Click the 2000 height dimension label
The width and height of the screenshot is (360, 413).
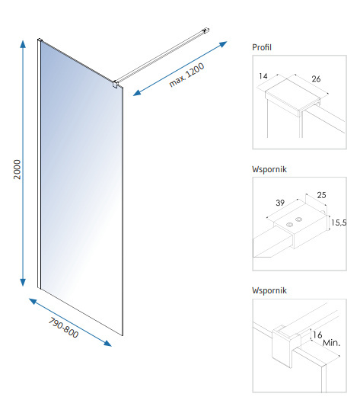(17, 169)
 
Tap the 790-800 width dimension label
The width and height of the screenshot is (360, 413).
(63, 328)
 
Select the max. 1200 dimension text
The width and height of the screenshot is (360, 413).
(186, 75)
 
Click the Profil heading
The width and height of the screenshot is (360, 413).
(262, 47)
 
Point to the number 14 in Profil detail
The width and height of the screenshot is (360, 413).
(263, 76)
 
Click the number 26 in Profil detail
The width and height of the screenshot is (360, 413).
(316, 78)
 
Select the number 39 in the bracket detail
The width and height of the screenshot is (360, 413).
(280, 203)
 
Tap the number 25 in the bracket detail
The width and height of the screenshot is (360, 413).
(321, 195)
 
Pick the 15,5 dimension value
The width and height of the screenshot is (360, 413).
(339, 223)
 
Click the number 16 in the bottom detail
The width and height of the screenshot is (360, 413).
(317, 335)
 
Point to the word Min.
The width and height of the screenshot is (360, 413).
(332, 343)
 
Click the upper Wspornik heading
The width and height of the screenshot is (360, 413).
(269, 169)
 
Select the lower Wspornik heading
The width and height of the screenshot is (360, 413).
(269, 290)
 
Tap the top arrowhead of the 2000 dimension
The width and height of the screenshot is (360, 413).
(23, 43)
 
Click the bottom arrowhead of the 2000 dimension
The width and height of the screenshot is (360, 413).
(23, 283)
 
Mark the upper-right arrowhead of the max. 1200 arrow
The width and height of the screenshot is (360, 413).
(224, 44)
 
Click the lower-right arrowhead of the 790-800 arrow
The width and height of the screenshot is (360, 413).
(108, 343)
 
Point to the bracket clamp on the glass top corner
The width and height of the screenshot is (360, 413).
(115, 85)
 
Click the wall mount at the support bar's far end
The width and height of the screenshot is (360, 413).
(206, 30)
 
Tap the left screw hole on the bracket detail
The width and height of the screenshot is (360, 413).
(289, 225)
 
